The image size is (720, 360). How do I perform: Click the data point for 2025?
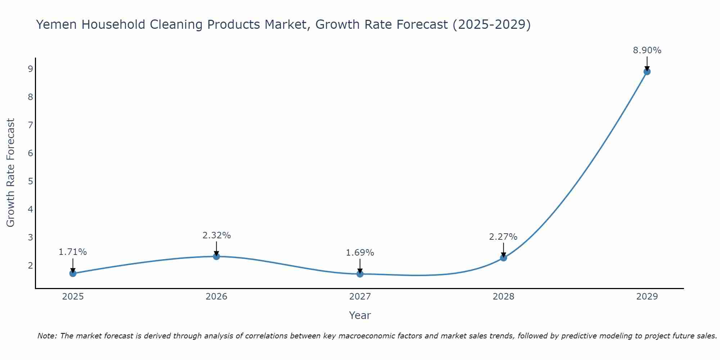[x=73, y=273]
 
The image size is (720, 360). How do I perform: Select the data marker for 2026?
[x=216, y=256]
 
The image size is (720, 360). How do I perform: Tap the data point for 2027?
[x=360, y=274]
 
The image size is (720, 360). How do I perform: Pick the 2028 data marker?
[x=503, y=258]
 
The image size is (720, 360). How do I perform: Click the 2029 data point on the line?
[x=647, y=72]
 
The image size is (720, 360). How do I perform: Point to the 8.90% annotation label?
[x=647, y=50]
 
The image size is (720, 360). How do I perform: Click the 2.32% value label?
[x=216, y=235]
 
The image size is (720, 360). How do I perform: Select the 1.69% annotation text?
[x=360, y=253]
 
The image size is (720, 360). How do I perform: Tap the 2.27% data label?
[x=503, y=237]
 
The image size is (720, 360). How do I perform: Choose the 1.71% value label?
[x=73, y=252]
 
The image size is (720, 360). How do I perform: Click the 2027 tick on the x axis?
[x=360, y=297]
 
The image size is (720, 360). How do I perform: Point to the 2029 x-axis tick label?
[x=647, y=297]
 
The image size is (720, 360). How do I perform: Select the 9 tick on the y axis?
[x=30, y=69]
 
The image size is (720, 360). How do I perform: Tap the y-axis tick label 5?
[x=30, y=181]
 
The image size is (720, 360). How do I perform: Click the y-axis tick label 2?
[x=30, y=265]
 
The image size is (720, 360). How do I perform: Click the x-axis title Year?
[x=360, y=315]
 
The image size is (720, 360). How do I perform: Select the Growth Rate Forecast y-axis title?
[x=11, y=173]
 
